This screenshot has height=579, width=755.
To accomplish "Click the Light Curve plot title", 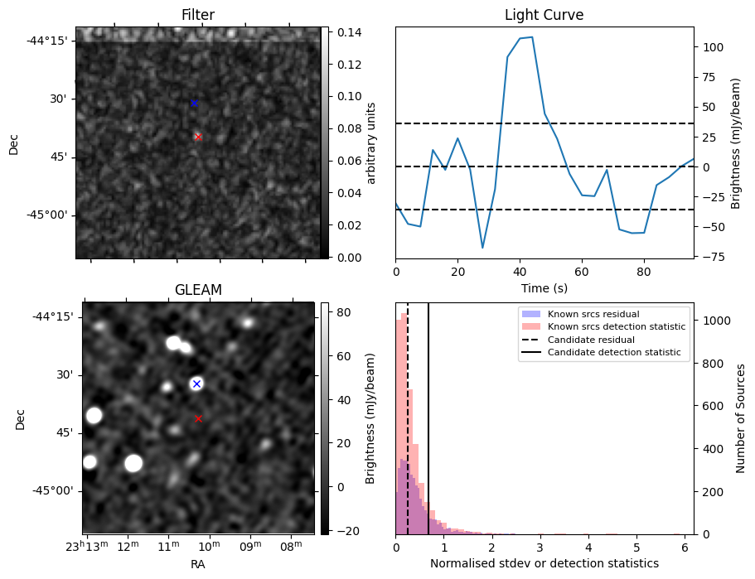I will click(x=544, y=15).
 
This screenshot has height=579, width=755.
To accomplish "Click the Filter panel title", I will click(x=197, y=15).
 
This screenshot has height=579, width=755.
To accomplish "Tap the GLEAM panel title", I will click(x=197, y=290).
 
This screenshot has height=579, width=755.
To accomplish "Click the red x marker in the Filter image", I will click(x=198, y=137).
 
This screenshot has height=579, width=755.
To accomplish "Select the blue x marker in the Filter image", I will click(x=194, y=103).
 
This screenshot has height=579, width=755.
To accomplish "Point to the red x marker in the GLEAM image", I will click(x=198, y=419).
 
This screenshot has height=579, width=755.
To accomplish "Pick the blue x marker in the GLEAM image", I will click(x=196, y=384).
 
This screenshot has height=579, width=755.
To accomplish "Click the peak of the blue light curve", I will click(x=531, y=36).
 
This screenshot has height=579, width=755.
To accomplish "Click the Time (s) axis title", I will click(x=544, y=288).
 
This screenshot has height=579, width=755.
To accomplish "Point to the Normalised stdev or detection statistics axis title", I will click(x=544, y=563).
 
